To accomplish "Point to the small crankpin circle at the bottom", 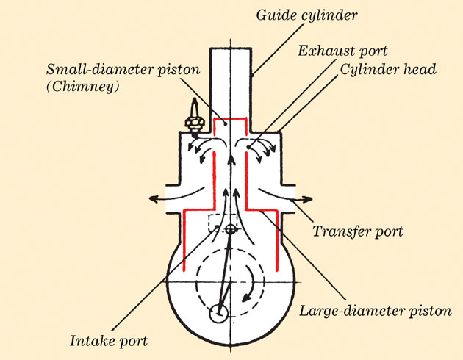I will click(218, 314).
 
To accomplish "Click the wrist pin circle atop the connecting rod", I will click(231, 229).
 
